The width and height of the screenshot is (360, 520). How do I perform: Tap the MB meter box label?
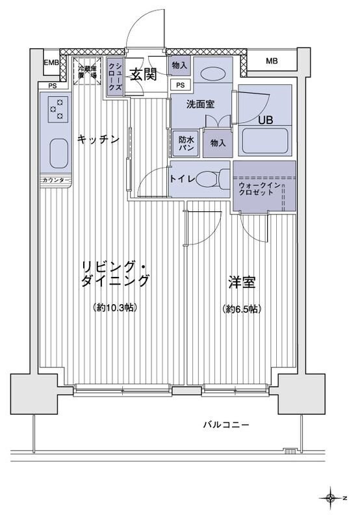272,62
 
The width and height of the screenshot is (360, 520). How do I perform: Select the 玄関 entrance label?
142,74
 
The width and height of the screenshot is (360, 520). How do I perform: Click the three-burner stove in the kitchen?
57,109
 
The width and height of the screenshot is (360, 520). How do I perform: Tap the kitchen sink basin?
58,154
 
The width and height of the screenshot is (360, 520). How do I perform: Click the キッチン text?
98,138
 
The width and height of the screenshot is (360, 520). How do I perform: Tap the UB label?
266,120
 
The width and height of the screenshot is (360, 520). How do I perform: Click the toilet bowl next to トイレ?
211,178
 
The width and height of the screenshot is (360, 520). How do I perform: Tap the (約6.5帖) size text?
241,309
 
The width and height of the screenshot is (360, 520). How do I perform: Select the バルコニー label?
225,425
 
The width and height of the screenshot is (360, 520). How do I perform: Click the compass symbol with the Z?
332,499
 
